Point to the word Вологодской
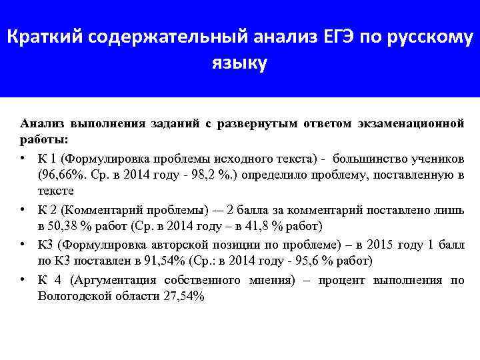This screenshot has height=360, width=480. click(72, 295)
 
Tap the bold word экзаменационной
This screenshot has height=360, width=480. click(409, 124)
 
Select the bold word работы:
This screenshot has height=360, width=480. click(43, 141)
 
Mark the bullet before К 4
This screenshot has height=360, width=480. click(23, 281)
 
